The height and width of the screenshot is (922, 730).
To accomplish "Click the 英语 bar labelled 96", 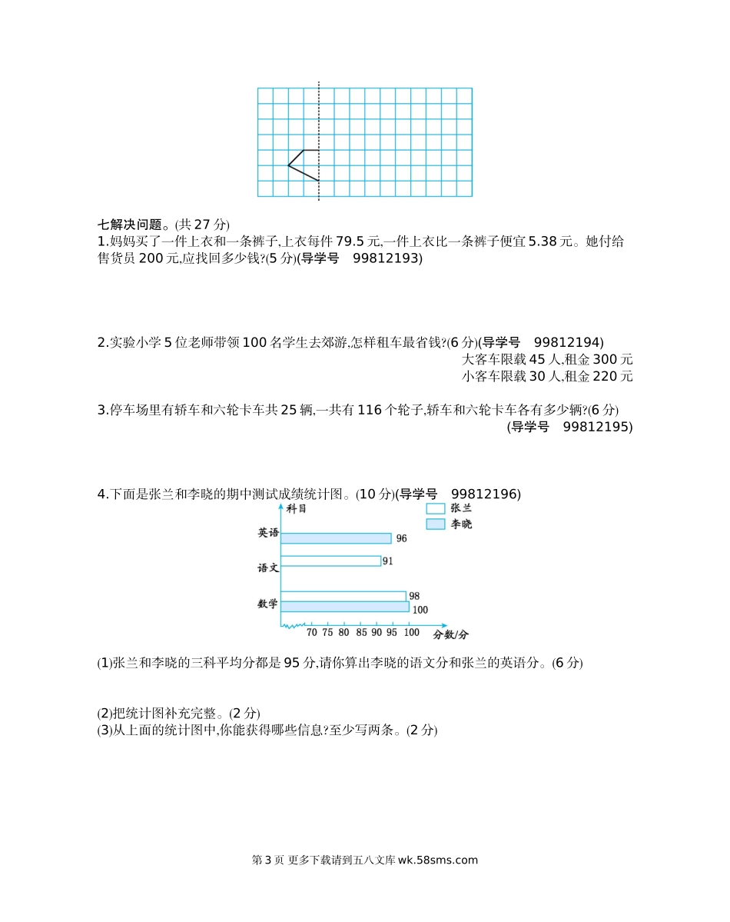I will pyautogui.click(x=336, y=538).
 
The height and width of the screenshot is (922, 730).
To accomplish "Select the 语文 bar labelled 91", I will pyautogui.click(x=330, y=561).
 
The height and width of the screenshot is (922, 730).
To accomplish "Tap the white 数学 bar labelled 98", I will pyautogui.click(x=343, y=596).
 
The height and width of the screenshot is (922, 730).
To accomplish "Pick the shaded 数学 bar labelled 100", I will pyautogui.click(x=344, y=607).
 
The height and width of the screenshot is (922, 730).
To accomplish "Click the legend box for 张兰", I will pyautogui.click(x=436, y=508).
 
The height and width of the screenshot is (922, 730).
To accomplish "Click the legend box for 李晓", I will pyautogui.click(x=436, y=524).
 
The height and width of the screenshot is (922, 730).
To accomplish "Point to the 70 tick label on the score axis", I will pyautogui.click(x=312, y=633).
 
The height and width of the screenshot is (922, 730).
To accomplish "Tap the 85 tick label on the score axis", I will pyautogui.click(x=360, y=633).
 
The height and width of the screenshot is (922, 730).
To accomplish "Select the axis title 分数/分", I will pyautogui.click(x=450, y=634).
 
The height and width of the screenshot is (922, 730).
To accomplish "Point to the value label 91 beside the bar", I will pyautogui.click(x=387, y=561).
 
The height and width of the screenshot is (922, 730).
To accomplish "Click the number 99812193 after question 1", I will pyautogui.click(x=388, y=259).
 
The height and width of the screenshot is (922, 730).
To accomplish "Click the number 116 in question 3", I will pyautogui.click(x=370, y=410).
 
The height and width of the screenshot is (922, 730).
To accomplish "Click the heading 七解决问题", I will pyautogui.click(x=131, y=225).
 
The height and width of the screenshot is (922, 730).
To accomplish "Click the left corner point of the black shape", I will pyautogui.click(x=288, y=165).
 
